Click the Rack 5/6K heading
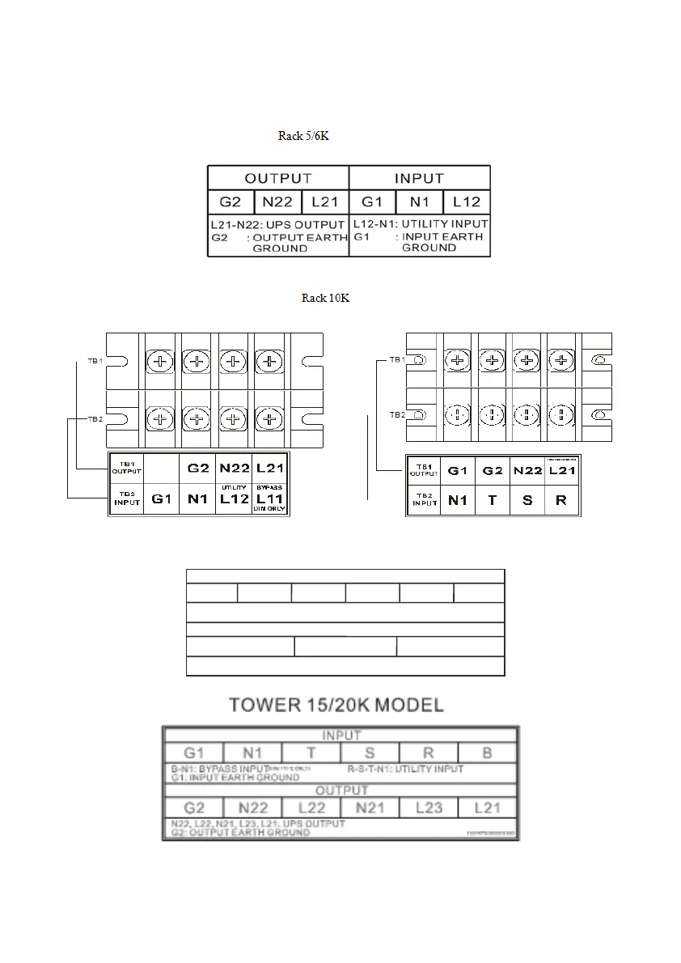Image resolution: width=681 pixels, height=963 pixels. tap(303, 136)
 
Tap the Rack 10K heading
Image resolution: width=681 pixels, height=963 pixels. tap(326, 299)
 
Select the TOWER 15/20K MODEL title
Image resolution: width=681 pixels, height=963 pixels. tap(336, 705)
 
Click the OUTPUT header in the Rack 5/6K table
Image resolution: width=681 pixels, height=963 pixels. tap(278, 178)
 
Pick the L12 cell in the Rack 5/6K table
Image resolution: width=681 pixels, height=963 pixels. tap(466, 202)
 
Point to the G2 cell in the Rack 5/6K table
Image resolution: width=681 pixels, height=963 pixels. tap(231, 202)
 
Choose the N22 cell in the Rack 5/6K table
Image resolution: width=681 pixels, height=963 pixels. tap(277, 202)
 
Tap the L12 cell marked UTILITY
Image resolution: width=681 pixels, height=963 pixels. tap(234, 498)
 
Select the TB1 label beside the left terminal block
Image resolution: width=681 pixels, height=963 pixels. tap(95, 361)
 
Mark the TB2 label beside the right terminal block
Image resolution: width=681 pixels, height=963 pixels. tap(397, 414)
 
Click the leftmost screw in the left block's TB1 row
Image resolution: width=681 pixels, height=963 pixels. tap(160, 362)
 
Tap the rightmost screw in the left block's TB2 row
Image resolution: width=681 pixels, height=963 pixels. tap(269, 418)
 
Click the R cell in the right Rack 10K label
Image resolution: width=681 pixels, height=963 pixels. tap(561, 500)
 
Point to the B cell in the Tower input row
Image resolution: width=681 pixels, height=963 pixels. tap(487, 753)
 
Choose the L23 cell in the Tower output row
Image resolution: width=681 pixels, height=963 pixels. tap(428, 808)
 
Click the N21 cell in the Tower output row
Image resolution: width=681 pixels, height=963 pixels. tap(369, 808)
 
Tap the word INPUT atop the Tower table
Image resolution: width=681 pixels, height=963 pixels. tap(341, 736)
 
